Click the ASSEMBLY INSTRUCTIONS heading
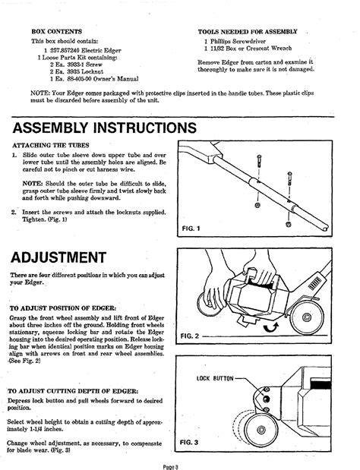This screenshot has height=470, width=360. coord(104,128)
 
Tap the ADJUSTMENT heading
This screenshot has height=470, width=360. coord(58,257)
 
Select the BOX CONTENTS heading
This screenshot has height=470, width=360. coord(57,31)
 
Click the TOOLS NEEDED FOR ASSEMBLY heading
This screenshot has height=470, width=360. coord(248,32)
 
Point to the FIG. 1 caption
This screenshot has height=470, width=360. coord(191,229)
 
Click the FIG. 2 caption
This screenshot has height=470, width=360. coord(189,336)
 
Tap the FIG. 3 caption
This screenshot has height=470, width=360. coord(189,442)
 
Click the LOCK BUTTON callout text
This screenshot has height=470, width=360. coord(215,378)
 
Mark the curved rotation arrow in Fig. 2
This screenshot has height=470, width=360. coord(271,327)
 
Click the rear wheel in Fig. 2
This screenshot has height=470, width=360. coord(307,317)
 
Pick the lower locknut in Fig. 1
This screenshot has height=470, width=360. coord(289,224)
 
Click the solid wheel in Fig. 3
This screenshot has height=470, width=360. coord(261,430)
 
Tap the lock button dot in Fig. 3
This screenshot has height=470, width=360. coord(266,399)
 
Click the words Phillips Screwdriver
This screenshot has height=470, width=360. coord(238,41)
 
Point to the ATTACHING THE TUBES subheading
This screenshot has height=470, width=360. coord(51,145)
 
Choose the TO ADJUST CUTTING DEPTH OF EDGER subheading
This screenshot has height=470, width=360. coord(73,391)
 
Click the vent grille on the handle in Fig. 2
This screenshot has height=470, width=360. coord(314,283)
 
